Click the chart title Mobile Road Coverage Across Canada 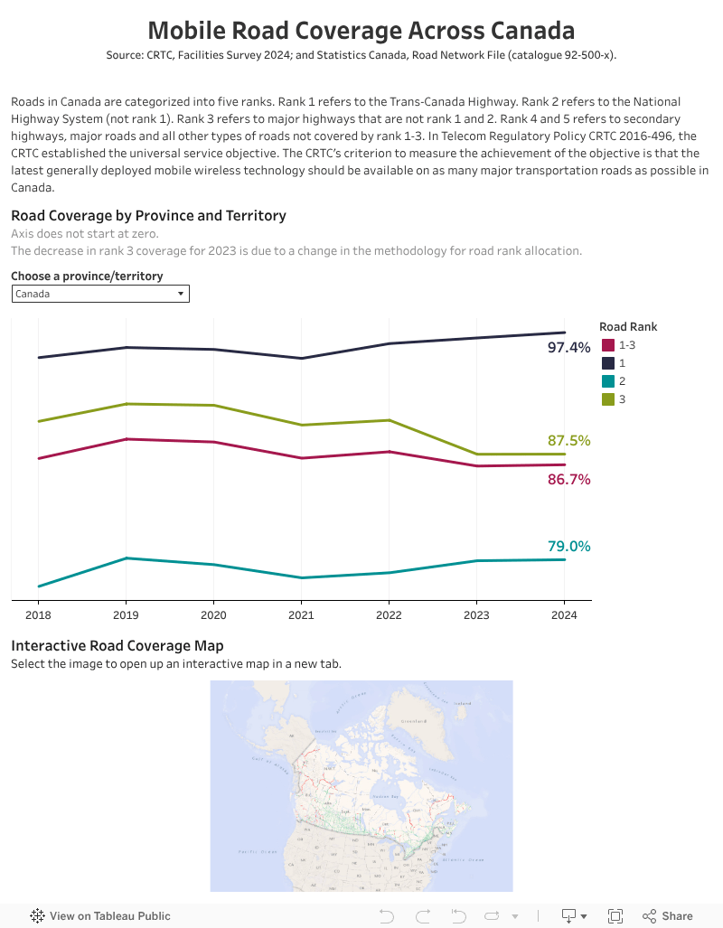[361, 31]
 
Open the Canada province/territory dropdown [100, 294]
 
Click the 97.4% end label [568, 347]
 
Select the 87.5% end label [568, 441]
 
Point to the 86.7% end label [568, 480]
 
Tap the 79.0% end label [568, 547]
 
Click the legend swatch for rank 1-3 [608, 345]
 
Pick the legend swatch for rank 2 [608, 381]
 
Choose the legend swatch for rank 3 [608, 399]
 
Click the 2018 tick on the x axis [38, 615]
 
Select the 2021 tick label [301, 615]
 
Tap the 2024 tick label [564, 615]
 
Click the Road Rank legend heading [628, 326]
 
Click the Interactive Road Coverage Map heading [117, 646]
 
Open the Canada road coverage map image [361, 785]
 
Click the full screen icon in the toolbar [615, 915]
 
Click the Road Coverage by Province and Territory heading [148, 216]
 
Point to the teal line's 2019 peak [127, 558]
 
